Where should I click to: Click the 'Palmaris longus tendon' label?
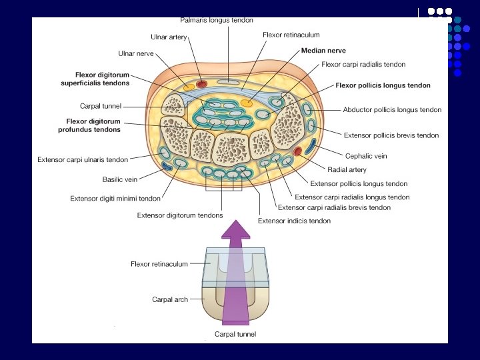pos(217,21)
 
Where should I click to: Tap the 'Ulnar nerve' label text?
pos(136,53)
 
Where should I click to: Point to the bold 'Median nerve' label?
pos(323,51)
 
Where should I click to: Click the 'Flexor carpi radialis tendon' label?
pos(363,65)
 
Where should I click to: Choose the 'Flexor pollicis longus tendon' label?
pos(383,85)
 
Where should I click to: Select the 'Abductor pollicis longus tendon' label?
pos(392,110)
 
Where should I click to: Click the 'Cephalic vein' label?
pos(366,156)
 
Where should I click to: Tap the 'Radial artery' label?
pos(347,170)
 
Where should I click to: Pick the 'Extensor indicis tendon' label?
pos(294,221)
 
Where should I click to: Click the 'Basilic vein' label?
pos(120,179)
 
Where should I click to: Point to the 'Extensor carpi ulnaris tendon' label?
pos(83,160)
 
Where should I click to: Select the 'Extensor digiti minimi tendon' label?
pos(115,198)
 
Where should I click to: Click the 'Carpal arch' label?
pos(170,300)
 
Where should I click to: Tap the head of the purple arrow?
pos(236,230)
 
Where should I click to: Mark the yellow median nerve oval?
pos(247,103)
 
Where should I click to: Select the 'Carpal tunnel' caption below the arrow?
pos(235,334)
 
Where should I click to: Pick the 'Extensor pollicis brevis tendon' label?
pos(391,135)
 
